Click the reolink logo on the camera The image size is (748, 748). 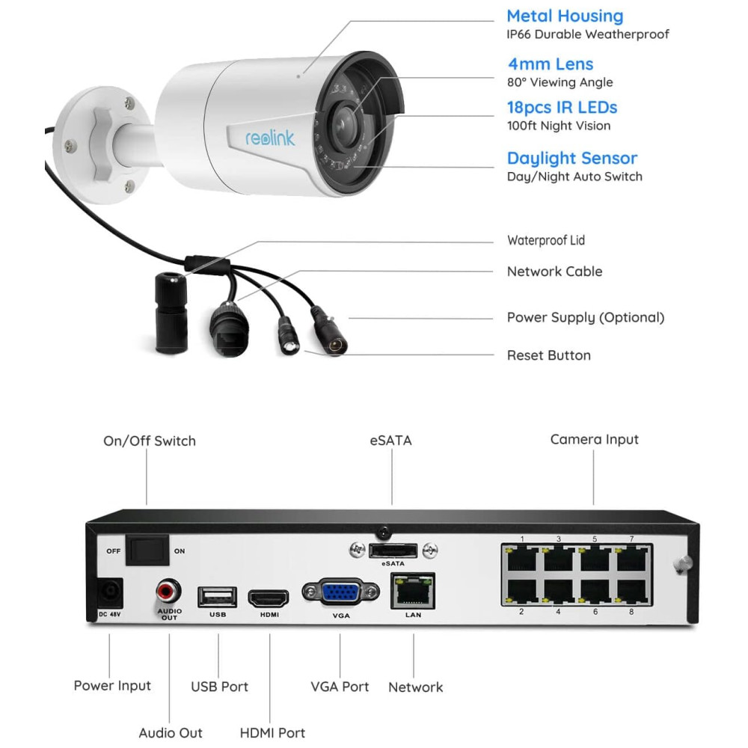pos(270,138)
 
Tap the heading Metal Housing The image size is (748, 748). pos(564,16)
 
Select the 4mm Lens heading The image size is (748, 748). pos(550,64)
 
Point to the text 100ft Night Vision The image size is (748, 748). pos(558,126)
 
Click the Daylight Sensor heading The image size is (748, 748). pos(571,158)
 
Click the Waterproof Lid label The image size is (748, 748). pos(545,240)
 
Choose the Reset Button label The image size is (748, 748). pos(548,355)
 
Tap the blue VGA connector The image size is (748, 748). pos(340,593)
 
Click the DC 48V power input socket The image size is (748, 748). pos(110,593)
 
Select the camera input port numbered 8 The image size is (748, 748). pos(631,591)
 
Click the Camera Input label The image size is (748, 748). pos(594,439)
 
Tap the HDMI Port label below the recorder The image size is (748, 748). pos(272,732)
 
